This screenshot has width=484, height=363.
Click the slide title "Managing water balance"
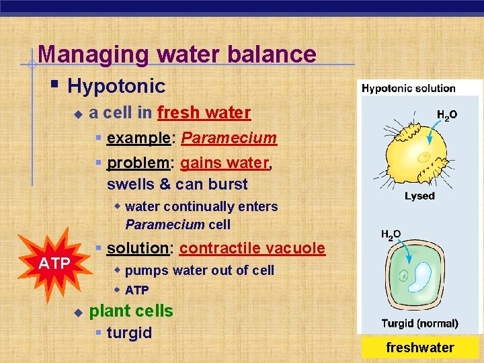click(x=177, y=54)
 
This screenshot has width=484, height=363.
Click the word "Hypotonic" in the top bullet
click(x=116, y=86)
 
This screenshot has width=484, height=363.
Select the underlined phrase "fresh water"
click(x=204, y=112)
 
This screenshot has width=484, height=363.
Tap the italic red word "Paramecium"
click(x=229, y=138)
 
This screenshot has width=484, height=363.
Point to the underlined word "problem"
click(x=138, y=163)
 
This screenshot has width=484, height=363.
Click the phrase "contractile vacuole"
click(x=252, y=248)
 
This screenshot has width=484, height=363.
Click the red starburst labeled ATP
click(x=54, y=263)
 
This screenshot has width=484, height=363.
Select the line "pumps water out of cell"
click(x=200, y=270)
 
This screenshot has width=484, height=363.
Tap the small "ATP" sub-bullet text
click(x=136, y=290)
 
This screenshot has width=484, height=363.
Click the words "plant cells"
click(x=131, y=311)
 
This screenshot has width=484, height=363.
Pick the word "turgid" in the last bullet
click(x=129, y=333)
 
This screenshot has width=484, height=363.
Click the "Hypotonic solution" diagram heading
click(x=408, y=88)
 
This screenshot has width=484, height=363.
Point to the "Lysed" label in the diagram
click(x=419, y=196)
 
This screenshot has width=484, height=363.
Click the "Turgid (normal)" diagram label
click(x=419, y=323)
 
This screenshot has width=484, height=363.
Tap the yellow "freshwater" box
click(x=419, y=348)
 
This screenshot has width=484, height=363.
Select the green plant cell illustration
click(x=421, y=276)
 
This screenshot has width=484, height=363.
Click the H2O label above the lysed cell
click(x=447, y=115)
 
